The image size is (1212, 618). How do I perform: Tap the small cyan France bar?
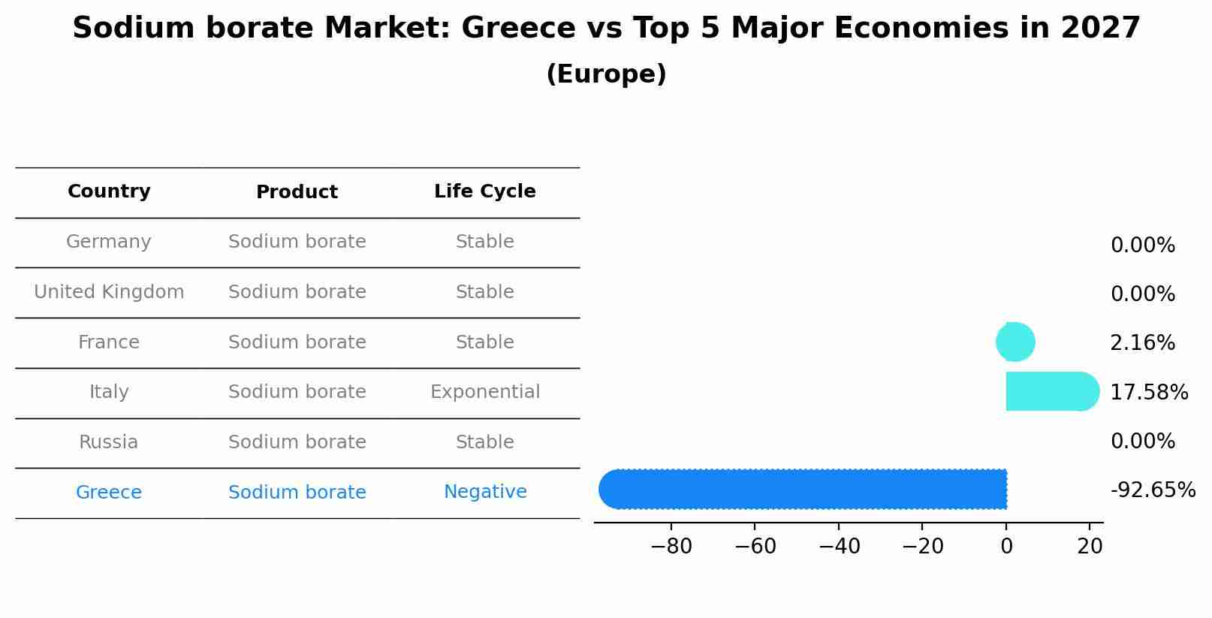tap(1016, 342)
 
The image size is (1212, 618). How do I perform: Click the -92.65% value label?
tap(1153, 490)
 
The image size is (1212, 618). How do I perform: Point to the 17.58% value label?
tap(1149, 392)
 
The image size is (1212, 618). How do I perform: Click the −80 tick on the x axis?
tap(671, 547)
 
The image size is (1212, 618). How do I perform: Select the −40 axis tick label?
tap(839, 547)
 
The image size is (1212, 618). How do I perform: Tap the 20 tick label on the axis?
tap(1090, 547)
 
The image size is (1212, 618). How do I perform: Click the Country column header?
tap(109, 191)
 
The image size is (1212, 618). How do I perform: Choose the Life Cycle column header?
tap(485, 191)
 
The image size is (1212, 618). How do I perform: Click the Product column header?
tap(297, 192)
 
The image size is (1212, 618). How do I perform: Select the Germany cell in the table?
tap(109, 242)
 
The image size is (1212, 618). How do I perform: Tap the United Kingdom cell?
tap(109, 292)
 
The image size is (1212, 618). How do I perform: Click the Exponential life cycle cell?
tap(485, 392)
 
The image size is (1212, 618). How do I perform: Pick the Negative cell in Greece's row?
tap(485, 492)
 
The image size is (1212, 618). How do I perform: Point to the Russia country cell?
tap(109, 442)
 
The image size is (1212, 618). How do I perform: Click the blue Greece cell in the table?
tap(109, 493)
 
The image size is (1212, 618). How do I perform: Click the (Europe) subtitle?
tap(606, 74)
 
